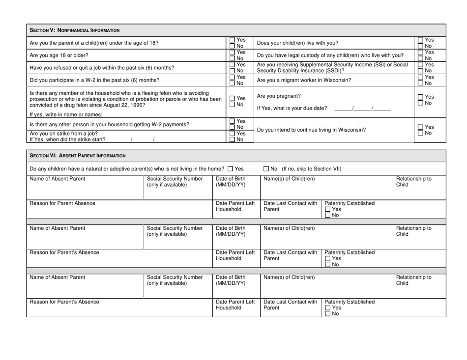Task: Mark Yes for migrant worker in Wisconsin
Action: [x=420, y=78]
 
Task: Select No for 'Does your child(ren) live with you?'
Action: [x=420, y=46]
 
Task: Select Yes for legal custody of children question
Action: [x=420, y=52]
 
